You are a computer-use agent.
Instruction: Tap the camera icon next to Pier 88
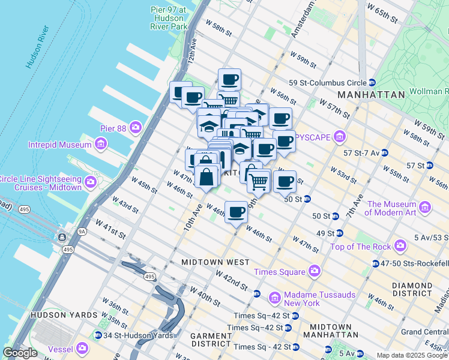pyautogui.click(x=136, y=127)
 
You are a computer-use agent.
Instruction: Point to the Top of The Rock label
pyautogui.click(x=362, y=246)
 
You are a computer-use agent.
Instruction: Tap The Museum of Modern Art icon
pyautogui.click(x=425, y=208)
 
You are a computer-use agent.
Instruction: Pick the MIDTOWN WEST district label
pyautogui.click(x=215, y=262)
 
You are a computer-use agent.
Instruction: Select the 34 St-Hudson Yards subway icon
pyautogui.click(x=98, y=335)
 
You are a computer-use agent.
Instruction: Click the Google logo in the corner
pyautogui.click(x=19, y=353)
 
